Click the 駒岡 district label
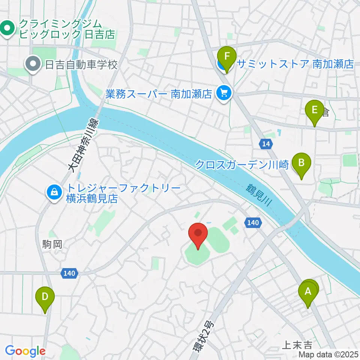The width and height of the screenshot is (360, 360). pyautogui.click(x=52, y=245)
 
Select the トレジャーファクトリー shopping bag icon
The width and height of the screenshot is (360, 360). pyautogui.click(x=55, y=193)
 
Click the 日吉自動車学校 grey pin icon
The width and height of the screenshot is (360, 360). pyautogui.click(x=33, y=64)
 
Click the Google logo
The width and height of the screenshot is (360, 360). pyautogui.click(x=25, y=351)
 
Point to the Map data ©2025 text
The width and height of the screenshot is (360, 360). pyautogui.click(x=328, y=354)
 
